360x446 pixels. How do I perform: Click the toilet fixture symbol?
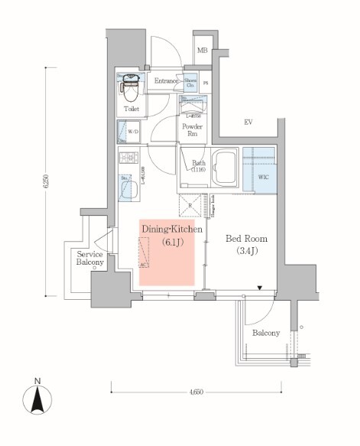(x=129, y=89)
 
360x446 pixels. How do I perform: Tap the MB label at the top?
(x=203, y=50)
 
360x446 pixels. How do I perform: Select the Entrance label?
(x=166, y=81)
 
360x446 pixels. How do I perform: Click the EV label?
(x=248, y=122)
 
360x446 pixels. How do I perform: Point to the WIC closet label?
(x=264, y=177)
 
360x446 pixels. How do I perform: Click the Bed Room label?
(x=245, y=238)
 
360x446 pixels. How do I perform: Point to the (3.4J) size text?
(x=245, y=251)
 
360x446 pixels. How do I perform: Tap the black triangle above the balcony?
(x=260, y=289)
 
